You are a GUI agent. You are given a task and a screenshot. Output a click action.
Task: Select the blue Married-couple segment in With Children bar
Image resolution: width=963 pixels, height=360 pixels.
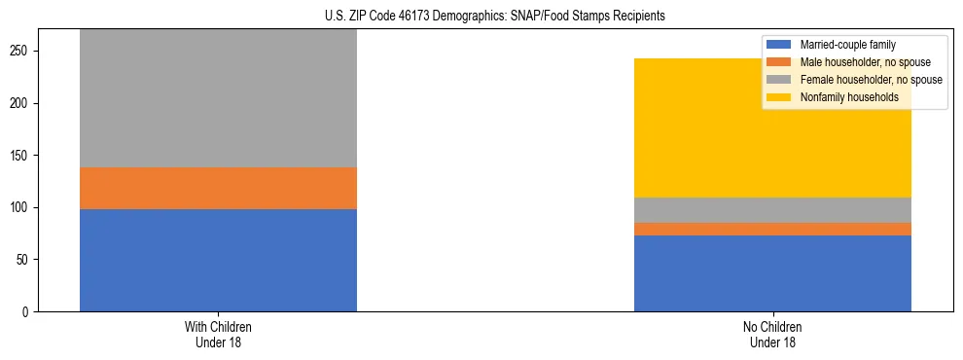[218, 260]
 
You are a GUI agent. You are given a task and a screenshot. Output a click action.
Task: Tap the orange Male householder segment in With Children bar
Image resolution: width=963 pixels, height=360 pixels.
[218, 188]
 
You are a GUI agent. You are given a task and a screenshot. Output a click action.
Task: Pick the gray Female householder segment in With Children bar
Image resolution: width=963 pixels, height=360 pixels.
[218, 98]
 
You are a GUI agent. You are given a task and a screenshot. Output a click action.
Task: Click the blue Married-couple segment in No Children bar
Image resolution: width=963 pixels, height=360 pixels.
[772, 273]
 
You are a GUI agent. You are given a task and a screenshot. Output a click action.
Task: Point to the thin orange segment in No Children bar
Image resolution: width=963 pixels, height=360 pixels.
[772, 229]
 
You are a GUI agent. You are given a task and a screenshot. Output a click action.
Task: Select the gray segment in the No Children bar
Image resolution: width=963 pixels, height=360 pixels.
[772, 210]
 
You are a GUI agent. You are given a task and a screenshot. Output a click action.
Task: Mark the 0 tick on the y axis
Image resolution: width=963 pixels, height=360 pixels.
[30, 312]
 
